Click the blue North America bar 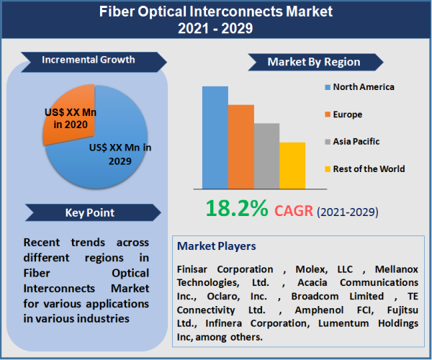click(x=215, y=137)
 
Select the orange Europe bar click(x=241, y=146)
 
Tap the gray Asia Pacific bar click(x=266, y=156)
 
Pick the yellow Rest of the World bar click(x=292, y=165)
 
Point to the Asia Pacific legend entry click(x=351, y=142)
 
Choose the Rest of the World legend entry click(x=364, y=169)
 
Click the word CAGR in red click(x=293, y=210)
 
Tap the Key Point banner click(x=90, y=212)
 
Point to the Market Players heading click(x=217, y=246)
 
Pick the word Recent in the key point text click(x=41, y=242)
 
